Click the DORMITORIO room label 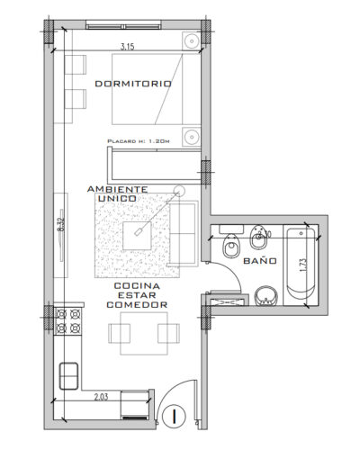coord(132,84)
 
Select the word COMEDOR coord(137,306)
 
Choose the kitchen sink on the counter coord(69,373)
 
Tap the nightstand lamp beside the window coord(191,42)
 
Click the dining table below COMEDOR coord(140,333)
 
